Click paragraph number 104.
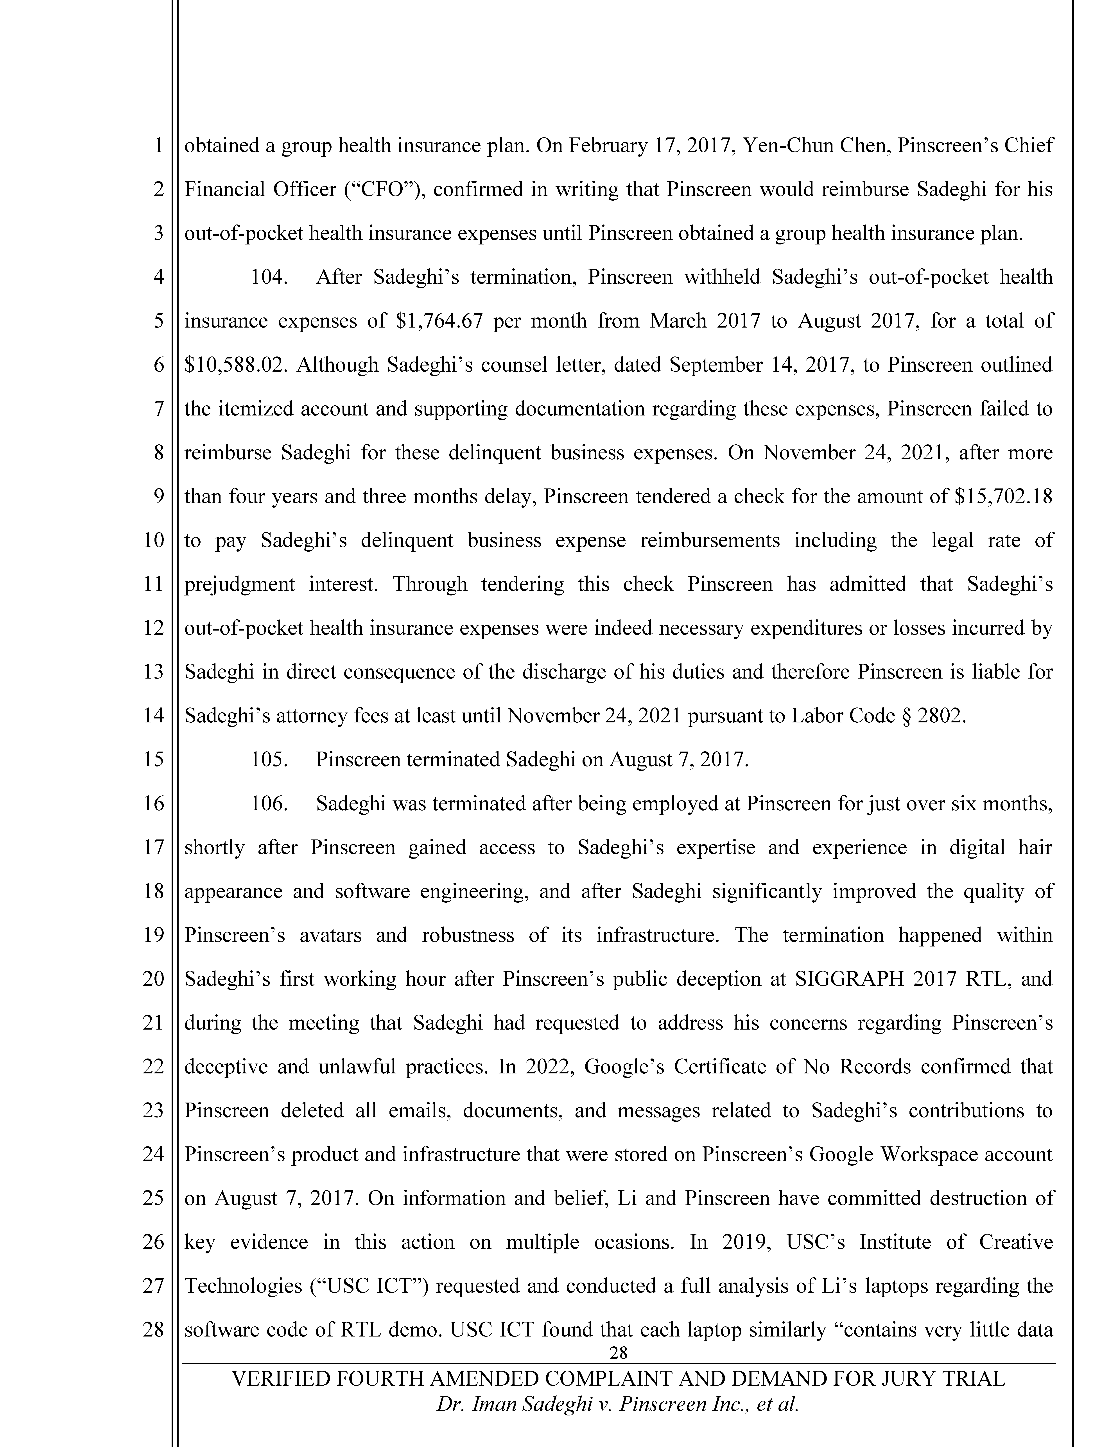(x=269, y=277)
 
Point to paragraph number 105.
(x=269, y=759)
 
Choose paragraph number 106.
(x=269, y=804)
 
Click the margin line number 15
(x=153, y=759)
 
